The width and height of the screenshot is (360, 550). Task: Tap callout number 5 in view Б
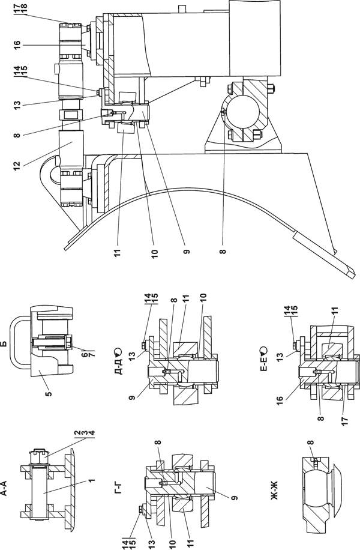(x=49, y=394)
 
